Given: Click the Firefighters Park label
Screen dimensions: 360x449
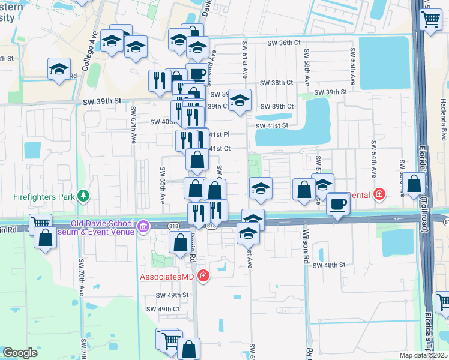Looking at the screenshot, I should click(x=43, y=196).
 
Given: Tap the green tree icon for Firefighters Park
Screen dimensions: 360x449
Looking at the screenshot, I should click(x=83, y=196).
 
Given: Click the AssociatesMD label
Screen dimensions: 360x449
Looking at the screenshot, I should click(x=168, y=277).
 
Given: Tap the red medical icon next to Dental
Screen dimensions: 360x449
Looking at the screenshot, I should click(x=378, y=194).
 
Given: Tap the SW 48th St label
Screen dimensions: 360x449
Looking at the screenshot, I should click(x=329, y=265).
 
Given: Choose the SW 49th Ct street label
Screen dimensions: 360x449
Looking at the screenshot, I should click(x=163, y=309).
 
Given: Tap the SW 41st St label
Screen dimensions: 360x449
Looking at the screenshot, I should click(x=272, y=125).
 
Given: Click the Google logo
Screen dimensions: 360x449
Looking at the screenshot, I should click(x=20, y=353).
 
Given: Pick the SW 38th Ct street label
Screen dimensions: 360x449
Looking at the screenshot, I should click(x=277, y=84).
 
